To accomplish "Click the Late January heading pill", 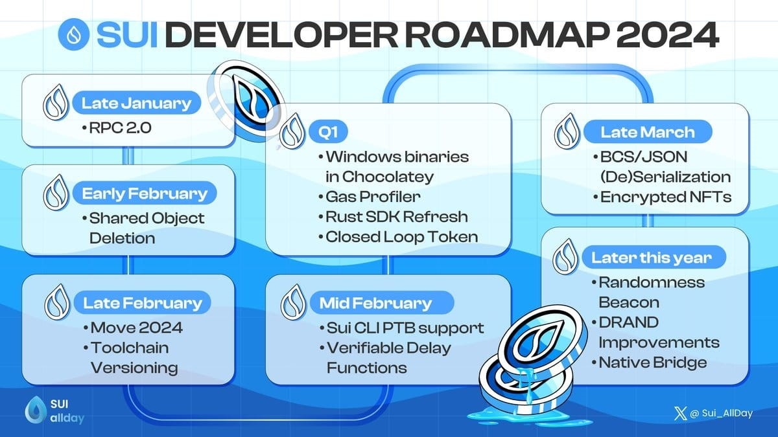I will pyautogui.click(x=136, y=102).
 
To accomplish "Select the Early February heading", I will pyautogui.click(x=145, y=194).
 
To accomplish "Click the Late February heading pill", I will pyautogui.click(x=142, y=302).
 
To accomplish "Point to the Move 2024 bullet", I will pyautogui.click(x=136, y=328).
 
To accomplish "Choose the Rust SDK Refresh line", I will pyautogui.click(x=396, y=216).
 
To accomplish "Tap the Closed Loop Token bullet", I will pyautogui.click(x=401, y=236).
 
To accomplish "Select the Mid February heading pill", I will pyautogui.click(x=375, y=302).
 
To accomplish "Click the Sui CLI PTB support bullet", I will pyautogui.click(x=405, y=328).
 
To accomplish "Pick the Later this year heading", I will pyautogui.click(x=651, y=258).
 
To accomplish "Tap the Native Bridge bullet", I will pyautogui.click(x=652, y=362).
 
